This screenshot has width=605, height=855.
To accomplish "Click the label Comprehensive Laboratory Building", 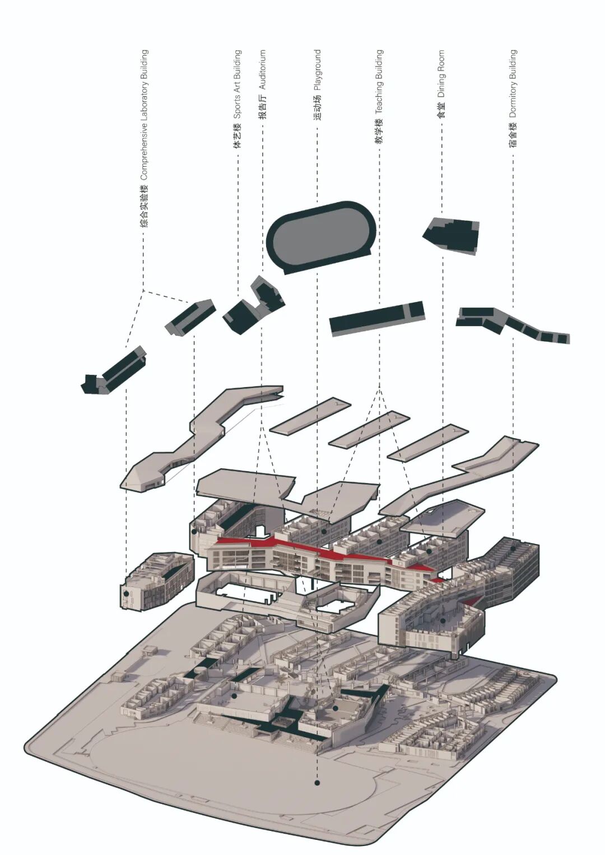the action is [145, 138].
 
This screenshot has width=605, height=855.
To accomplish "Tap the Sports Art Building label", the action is [237, 99].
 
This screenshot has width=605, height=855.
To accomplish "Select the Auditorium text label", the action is [262, 84].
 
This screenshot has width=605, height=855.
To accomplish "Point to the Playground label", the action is [317, 85].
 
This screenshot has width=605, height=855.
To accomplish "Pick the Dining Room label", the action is [441, 84].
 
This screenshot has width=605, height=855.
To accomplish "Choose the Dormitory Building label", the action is [513, 98].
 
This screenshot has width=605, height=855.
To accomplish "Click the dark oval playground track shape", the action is [319, 235].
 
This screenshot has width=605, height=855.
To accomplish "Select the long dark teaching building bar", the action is [376, 318].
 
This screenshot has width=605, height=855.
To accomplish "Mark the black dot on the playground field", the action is [317, 783].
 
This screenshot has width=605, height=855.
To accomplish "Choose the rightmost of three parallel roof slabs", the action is [427, 443].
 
